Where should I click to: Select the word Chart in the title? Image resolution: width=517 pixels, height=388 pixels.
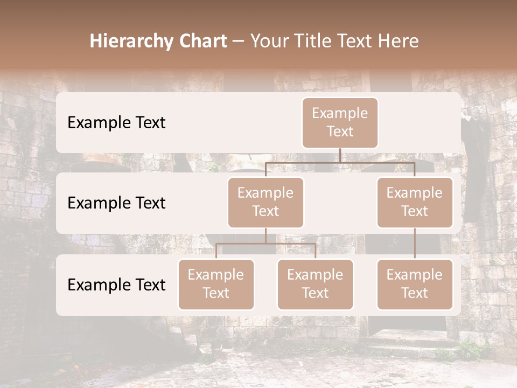205,41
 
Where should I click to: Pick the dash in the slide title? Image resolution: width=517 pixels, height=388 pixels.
239,41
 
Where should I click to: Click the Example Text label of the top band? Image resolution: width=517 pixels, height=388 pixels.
116,123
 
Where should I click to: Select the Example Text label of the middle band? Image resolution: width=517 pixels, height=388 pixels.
116,203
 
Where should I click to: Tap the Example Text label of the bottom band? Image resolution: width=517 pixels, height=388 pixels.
116,285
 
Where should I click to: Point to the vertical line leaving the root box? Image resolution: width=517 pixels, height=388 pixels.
340,155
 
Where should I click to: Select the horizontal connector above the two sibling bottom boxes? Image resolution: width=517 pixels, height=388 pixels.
291,244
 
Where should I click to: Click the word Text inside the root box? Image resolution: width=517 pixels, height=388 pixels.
340,131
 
